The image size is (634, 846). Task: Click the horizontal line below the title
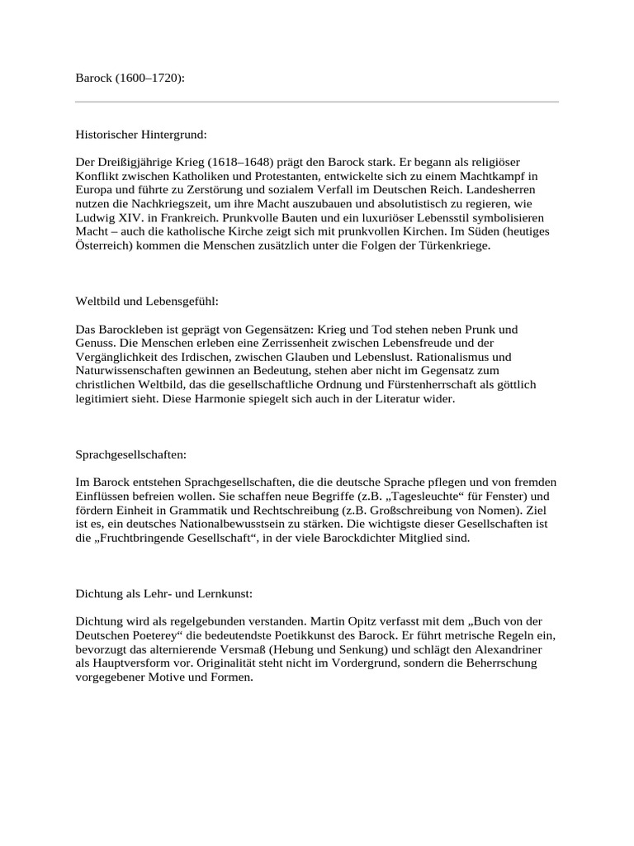tap(316, 102)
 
